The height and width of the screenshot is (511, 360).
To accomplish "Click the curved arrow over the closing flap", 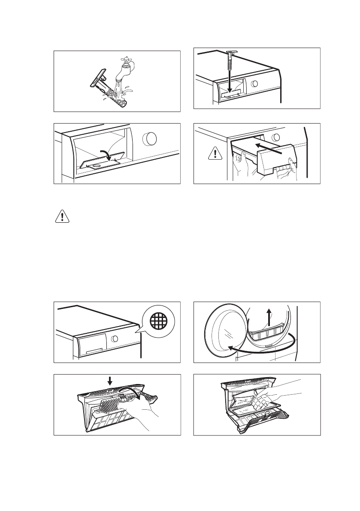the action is tap(106, 155).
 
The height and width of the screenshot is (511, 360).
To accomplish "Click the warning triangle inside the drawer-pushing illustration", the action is tap(215, 152).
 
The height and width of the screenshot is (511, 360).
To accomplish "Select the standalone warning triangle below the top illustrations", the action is tap(63, 217).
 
